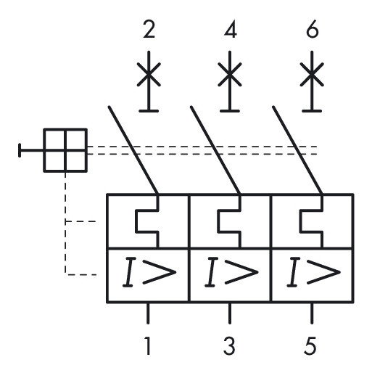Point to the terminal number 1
tap(149, 345)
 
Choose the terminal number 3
tap(231, 345)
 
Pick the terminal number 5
tap(313, 345)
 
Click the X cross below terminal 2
tap(149, 74)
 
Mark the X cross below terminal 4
tap(231, 74)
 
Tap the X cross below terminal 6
tap(313, 74)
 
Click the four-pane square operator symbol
tap(65, 151)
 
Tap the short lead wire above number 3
tap(231, 313)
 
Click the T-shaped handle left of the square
tap(29, 151)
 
